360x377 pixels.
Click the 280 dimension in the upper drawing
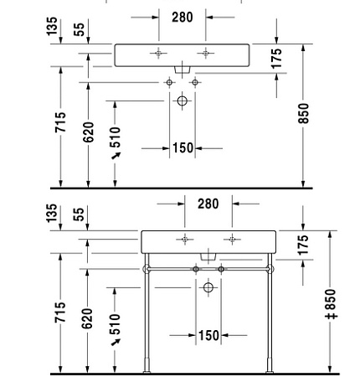click(182, 16)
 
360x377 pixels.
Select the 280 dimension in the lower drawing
click(208, 204)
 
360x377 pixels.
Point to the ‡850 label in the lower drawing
click(330, 304)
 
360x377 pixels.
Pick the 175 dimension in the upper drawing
click(275, 59)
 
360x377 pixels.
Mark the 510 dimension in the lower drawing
click(115, 323)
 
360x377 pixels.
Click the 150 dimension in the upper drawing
click(182, 148)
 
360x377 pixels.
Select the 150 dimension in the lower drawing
click(208, 336)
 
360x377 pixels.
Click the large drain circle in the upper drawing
click(182, 101)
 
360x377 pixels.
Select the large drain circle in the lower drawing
click(208, 288)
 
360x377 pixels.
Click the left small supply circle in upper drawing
click(169, 82)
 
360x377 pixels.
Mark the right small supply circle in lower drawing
click(221, 269)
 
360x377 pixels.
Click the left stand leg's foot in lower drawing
click(147, 366)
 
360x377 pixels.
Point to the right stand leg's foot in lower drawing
click(268, 366)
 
